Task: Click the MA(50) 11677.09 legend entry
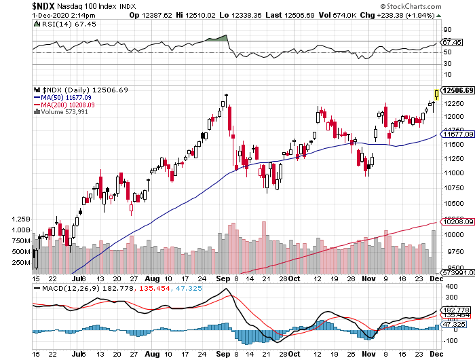click(x=67, y=97)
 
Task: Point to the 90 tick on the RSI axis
click(x=447, y=30)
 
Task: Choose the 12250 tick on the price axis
click(x=453, y=104)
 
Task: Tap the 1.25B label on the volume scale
click(x=21, y=219)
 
